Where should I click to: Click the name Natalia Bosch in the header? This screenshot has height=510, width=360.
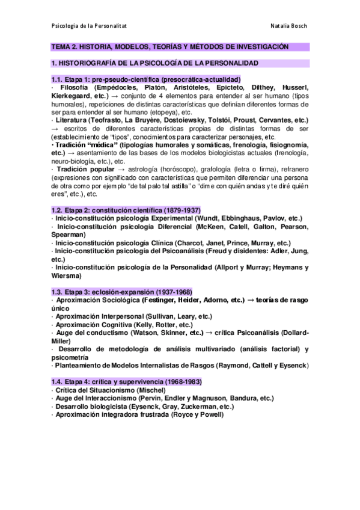289,27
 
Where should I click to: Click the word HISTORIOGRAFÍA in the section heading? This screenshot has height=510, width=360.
91,63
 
